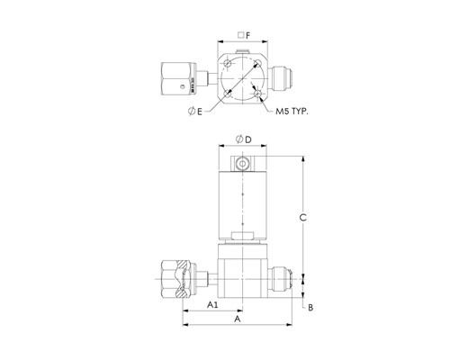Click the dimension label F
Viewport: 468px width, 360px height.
[247, 36]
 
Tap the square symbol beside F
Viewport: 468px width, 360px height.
[240, 35]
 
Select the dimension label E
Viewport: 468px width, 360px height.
[200, 112]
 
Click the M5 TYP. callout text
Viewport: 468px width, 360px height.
[292, 112]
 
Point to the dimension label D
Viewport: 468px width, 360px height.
[248, 139]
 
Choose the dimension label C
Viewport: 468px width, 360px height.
[303, 218]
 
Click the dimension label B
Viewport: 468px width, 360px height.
[310, 308]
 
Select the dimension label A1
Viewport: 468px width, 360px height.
[212, 305]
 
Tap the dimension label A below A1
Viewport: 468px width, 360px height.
[238, 319]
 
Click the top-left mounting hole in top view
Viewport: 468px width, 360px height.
[228, 64]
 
